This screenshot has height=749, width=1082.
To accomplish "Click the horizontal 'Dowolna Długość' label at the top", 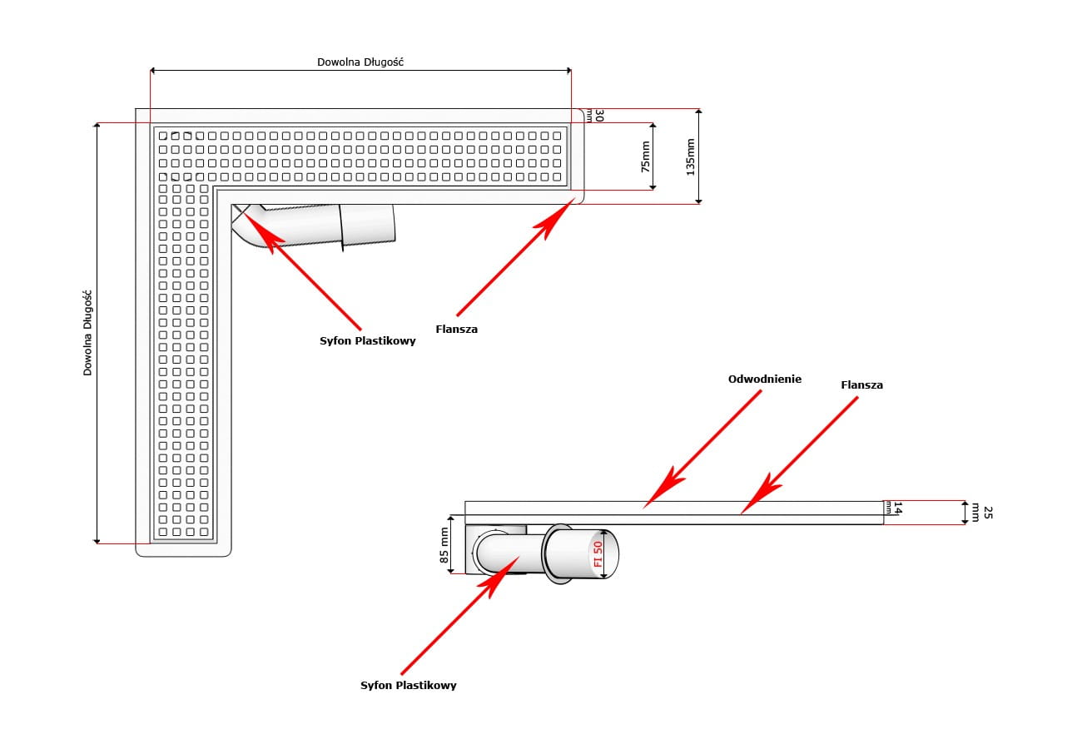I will [360, 62].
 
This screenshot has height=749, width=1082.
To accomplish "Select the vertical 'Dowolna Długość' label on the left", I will [87, 333].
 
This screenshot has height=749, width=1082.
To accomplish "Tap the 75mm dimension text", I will [646, 156].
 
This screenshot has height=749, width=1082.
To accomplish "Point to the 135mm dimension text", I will [690, 156].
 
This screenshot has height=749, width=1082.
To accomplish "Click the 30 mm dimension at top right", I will [597, 116].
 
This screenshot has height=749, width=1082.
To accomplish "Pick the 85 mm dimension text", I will [444, 545].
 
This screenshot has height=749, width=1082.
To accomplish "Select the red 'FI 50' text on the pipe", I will [598, 553].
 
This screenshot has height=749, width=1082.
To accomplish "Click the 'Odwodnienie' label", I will [764, 379].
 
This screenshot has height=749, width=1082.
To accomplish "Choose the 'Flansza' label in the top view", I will [456, 330].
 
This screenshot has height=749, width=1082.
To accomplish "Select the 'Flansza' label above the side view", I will [861, 385].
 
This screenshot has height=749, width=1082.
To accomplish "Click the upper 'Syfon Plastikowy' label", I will [367, 341].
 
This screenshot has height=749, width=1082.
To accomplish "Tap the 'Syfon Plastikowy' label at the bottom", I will [408, 686].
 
